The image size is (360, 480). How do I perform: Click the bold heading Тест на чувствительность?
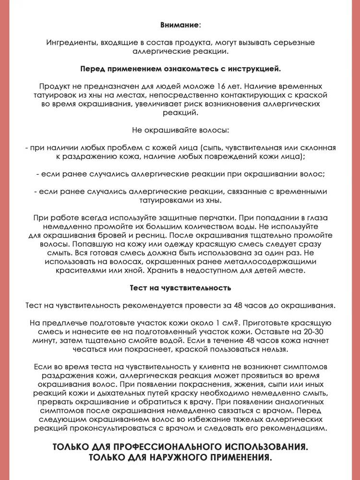pyautogui.click(x=180, y=288)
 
